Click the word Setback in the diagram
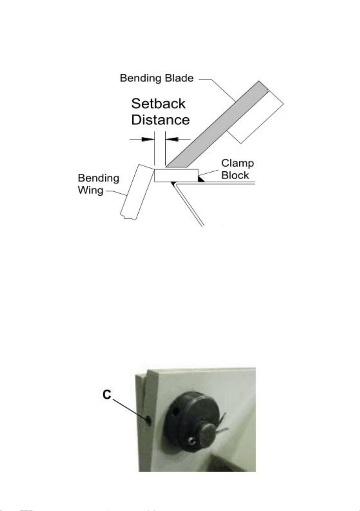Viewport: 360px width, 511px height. (158, 103)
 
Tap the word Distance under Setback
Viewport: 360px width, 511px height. (161, 119)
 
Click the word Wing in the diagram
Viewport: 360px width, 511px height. (91, 191)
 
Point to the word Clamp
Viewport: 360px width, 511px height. (237, 164)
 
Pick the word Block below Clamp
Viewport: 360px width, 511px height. (235, 175)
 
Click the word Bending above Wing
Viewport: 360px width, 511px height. (98, 178)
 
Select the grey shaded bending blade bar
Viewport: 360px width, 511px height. (217, 125)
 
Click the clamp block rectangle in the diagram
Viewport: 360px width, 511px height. (176, 176)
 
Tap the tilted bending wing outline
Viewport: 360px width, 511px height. (136, 192)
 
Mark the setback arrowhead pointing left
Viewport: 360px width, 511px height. (172, 139)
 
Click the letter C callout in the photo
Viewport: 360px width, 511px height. (106, 394)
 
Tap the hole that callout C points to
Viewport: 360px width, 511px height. (149, 419)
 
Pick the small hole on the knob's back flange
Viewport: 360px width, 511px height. (176, 412)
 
